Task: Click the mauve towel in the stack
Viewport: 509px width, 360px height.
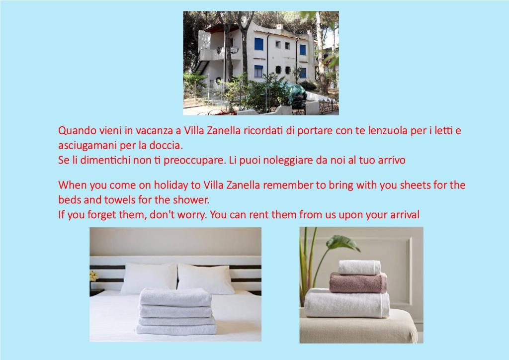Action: click(x=358, y=283)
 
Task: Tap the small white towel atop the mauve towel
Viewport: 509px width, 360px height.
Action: click(x=359, y=268)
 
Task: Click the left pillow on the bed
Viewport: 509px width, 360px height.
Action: click(x=149, y=278)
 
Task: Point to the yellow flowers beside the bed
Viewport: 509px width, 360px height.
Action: click(x=93, y=276)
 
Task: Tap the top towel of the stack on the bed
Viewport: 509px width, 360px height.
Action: click(x=175, y=297)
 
